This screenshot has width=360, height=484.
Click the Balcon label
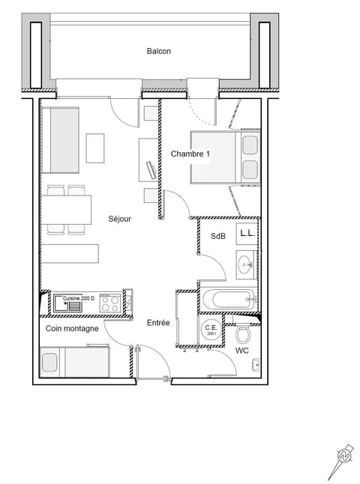pyautogui.click(x=158, y=51)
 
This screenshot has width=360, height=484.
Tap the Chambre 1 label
pyautogui.click(x=190, y=154)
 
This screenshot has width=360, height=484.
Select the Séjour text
pyautogui.click(x=120, y=219)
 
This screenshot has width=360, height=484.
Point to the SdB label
pyautogui.click(x=217, y=236)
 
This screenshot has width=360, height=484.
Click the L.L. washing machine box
pyautogui.click(x=247, y=233)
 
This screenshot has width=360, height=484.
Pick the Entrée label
pyautogui.click(x=158, y=323)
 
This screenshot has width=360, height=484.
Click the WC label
pyautogui.click(x=242, y=350)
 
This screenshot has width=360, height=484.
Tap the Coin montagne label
pyautogui.click(x=72, y=328)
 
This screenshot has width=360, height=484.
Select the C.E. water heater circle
pyautogui.click(x=211, y=330)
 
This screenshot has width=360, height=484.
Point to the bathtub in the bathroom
pyautogui.click(x=227, y=300)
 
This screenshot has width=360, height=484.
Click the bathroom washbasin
pyautogui.click(x=246, y=263)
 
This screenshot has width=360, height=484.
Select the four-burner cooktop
pyautogui.click(x=109, y=303)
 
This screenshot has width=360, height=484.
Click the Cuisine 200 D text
pyautogui.click(x=79, y=297)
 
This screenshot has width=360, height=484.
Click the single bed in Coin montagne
pyautogui.click(x=75, y=363)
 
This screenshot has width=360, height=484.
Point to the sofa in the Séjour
pyautogui.click(x=60, y=139)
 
